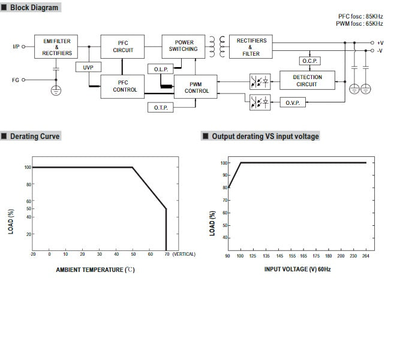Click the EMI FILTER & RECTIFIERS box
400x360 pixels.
point(56,46)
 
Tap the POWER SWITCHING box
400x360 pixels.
point(184,46)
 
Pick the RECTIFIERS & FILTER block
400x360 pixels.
point(251,46)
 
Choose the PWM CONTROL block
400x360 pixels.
point(197,87)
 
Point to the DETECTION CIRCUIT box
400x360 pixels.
point(307,81)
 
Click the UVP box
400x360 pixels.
point(88,68)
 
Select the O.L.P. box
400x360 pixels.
point(161,69)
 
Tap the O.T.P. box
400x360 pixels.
point(160,107)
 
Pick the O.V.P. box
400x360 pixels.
point(293,102)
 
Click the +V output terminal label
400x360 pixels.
point(380,43)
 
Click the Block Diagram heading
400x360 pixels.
point(34,8)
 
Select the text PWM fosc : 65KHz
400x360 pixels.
point(359,23)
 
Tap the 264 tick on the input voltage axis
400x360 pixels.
point(366,256)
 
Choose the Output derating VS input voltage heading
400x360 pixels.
point(265,137)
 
